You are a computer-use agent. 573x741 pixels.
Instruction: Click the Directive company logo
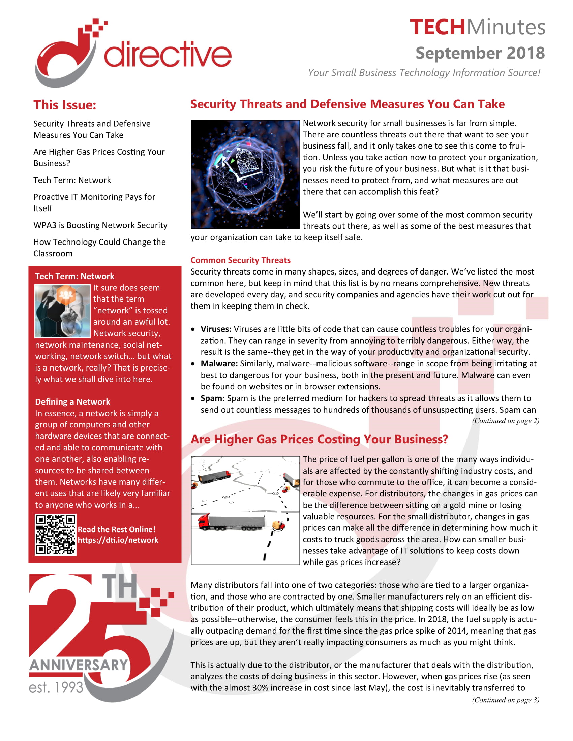pos(132,53)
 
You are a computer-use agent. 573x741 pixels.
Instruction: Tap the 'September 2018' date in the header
pos(480,53)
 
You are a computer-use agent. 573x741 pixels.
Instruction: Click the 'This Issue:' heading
pos(64,105)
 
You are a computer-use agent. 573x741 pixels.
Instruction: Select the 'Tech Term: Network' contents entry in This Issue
pos(72,180)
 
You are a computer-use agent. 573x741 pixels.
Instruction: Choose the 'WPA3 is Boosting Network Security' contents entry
pos(100,225)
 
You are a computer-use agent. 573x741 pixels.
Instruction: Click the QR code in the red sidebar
pos(55,535)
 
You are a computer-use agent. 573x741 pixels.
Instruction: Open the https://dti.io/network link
pos(118,540)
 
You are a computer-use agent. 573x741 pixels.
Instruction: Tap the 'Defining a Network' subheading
pos(72,402)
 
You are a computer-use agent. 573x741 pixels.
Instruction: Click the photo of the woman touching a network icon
pos(62,311)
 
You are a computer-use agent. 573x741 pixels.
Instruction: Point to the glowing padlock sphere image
pos(245,174)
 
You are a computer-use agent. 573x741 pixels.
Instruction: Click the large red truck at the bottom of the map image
pos(231,521)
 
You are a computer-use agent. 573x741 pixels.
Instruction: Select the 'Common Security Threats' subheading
pos(240,260)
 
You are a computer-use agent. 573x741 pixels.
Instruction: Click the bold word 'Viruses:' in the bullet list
pos(216,329)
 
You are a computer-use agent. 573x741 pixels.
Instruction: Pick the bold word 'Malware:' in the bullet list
pos(219,364)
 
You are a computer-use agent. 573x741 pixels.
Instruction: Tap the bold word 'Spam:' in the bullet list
pos(212,398)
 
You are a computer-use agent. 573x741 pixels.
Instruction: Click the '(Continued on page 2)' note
pos(505,421)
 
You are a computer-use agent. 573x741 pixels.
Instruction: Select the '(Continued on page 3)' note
pos(505,700)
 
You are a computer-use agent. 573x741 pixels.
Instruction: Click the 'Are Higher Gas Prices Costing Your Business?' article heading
pos(319,439)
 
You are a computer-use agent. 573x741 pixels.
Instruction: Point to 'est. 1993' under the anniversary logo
pos(56,687)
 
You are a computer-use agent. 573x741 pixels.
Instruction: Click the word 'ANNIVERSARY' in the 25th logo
pos(79,665)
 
